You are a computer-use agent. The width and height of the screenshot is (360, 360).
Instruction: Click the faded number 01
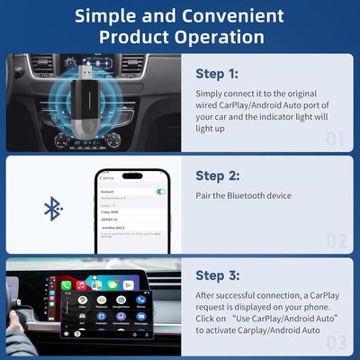[335, 139]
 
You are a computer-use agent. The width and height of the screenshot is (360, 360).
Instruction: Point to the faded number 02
[335, 240]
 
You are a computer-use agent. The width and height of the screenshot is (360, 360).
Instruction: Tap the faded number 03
[335, 342]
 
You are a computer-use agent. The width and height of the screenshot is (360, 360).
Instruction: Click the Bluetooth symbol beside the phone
[53, 210]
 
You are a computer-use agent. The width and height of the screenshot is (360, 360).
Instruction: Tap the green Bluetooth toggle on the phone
[160, 192]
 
